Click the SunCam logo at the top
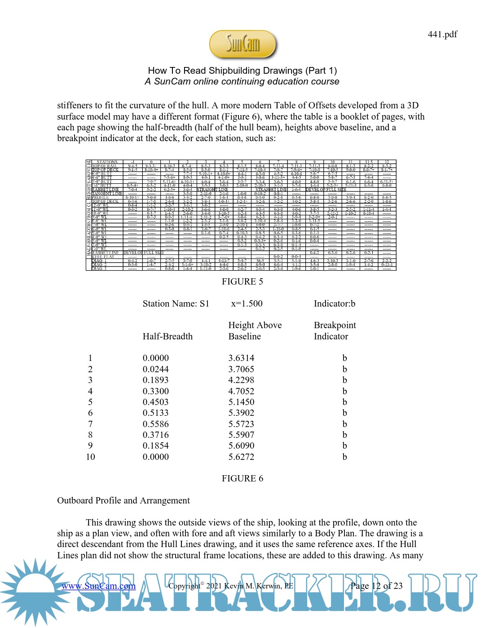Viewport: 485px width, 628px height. coord(242,45)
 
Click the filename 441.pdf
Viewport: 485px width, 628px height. coord(442,35)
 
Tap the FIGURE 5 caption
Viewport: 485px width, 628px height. coord(242,282)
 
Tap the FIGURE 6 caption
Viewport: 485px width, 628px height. coord(242,479)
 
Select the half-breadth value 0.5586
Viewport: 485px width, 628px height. coord(155,424)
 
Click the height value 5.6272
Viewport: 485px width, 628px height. coord(241,457)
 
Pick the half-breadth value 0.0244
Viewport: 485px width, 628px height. coord(155,369)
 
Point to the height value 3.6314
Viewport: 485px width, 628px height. coord(241,358)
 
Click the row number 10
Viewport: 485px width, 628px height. coord(90,457)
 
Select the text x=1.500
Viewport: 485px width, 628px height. coord(247,303)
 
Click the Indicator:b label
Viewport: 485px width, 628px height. coord(335,303)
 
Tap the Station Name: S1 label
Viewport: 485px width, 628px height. coord(176,303)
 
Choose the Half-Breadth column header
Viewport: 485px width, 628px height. coord(168,336)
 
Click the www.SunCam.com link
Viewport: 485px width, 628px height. coord(98,586)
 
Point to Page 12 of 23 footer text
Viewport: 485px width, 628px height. coord(376,586)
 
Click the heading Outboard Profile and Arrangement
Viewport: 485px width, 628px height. coord(123,501)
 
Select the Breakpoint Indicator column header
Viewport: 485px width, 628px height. coord(335,331)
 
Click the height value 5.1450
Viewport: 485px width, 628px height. coord(241,402)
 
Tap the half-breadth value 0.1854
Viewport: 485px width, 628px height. coord(155,445)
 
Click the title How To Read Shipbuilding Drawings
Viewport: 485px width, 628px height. coord(242,71)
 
